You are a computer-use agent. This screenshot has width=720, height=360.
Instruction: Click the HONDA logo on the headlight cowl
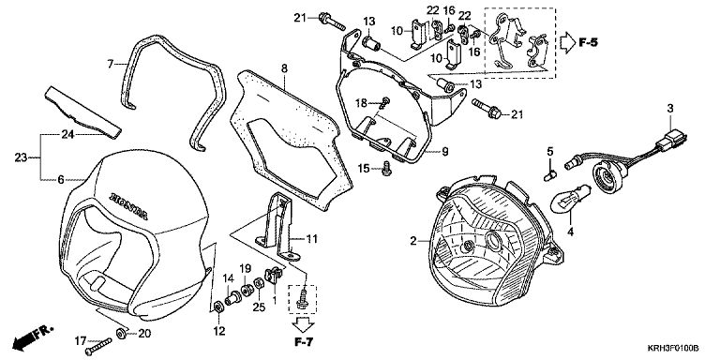[x=128, y=205]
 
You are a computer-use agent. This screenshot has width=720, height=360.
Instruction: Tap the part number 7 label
[x=111, y=64]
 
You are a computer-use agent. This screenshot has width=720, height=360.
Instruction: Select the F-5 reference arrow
[x=568, y=43]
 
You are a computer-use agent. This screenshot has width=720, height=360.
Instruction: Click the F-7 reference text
[x=304, y=341]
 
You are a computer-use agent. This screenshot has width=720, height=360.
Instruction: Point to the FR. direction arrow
[x=33, y=337]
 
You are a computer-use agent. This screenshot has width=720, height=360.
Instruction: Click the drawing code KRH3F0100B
[x=674, y=349]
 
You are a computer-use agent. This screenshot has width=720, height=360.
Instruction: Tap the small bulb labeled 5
[x=550, y=175]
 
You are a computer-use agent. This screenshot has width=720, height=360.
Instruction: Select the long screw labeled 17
[x=98, y=347]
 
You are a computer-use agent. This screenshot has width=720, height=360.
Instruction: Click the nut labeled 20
[x=122, y=334]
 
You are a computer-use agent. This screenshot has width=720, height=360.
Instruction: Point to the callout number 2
[x=413, y=240]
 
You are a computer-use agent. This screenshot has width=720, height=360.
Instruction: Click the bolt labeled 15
[x=386, y=169]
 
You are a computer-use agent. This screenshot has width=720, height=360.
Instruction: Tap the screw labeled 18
[x=383, y=102]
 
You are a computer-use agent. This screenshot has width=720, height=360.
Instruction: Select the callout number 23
[x=21, y=157]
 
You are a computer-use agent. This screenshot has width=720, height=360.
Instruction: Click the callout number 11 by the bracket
[x=311, y=239]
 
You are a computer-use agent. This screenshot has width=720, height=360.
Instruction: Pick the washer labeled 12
[x=217, y=306]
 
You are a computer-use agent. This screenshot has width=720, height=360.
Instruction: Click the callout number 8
[x=284, y=68]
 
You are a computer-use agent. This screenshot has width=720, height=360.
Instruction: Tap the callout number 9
[x=445, y=152]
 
